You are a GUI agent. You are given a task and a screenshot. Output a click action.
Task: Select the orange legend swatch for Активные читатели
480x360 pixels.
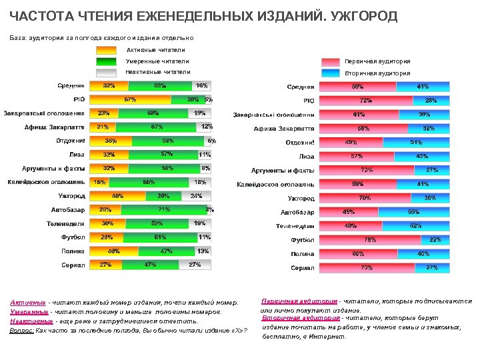[107, 50]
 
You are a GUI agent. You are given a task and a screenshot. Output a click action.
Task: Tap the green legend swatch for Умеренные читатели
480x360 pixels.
[107, 61]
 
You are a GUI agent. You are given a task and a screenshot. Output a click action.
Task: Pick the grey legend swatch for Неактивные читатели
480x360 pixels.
[107, 72]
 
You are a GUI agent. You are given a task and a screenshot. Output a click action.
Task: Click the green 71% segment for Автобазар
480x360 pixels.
[163, 210]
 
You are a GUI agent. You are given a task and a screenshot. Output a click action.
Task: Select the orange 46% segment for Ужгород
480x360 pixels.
[117, 196]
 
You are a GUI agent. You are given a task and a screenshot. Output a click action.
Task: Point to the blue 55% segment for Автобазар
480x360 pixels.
[413, 212]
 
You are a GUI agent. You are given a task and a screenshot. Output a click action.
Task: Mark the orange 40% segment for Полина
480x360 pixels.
[114, 251]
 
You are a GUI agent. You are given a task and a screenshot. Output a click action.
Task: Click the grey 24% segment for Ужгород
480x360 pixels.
[197, 196]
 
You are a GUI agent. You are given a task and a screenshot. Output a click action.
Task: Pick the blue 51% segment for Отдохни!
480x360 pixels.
[416, 142]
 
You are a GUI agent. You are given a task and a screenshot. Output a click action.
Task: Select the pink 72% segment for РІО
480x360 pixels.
[366, 100]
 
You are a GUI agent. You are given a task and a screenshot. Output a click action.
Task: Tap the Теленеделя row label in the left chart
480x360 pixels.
[65, 223]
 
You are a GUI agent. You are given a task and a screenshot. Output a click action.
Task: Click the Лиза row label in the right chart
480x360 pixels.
[306, 157]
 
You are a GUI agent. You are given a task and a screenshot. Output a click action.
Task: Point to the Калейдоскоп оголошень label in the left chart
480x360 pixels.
[46, 182]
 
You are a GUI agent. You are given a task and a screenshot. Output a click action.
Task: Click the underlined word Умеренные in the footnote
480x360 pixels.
[28, 311]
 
